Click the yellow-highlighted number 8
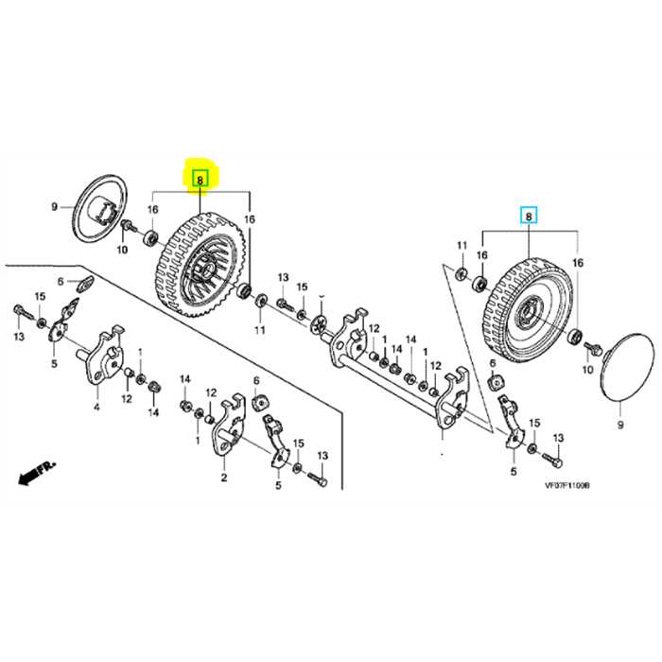[200, 177]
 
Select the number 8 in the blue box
[529, 217]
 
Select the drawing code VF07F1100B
[566, 483]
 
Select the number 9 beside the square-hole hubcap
[54, 206]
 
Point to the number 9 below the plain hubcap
[620, 411]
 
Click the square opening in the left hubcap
[107, 208]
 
